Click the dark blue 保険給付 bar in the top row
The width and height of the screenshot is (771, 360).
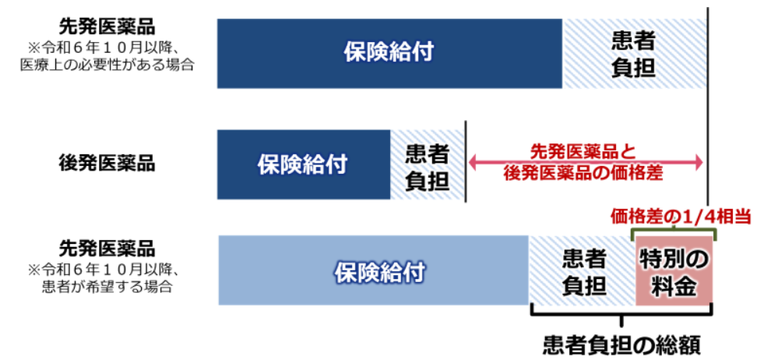389,54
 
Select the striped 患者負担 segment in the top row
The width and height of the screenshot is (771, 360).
634,54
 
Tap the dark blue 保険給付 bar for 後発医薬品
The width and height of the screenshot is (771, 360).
304,164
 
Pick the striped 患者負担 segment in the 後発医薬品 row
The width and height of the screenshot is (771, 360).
427,164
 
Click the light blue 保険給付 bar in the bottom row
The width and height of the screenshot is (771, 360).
374,270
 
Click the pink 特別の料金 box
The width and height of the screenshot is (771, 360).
674,270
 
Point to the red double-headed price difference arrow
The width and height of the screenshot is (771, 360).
586,164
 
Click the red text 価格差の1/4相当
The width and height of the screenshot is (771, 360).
681,217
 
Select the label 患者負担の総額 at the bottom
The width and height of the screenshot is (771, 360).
621,346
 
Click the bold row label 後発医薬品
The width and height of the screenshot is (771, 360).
107,163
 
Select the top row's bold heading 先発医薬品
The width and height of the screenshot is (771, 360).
107,27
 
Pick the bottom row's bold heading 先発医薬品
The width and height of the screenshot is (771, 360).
107,249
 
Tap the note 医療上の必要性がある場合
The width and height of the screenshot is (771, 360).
107,65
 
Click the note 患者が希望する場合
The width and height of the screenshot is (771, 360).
107,287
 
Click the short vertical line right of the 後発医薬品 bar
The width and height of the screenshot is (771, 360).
465,162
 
